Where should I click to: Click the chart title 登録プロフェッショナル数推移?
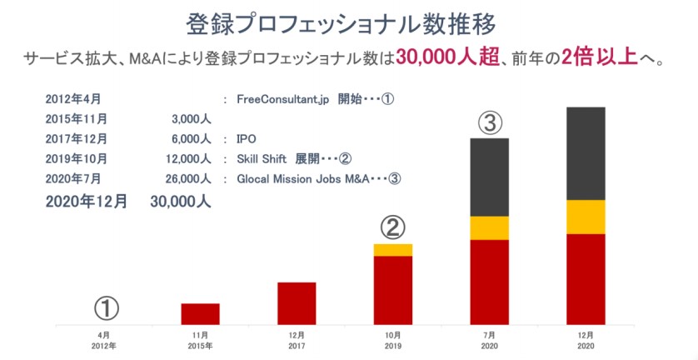click(x=348, y=22)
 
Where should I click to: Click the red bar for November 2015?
click(x=201, y=314)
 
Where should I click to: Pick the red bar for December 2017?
click(x=297, y=303)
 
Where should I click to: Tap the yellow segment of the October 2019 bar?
click(x=393, y=250)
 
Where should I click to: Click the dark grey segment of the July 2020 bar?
click(x=490, y=177)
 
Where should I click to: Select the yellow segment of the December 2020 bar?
click(x=586, y=217)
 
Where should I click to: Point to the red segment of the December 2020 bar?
click(x=586, y=279)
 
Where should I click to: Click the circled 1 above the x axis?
click(x=106, y=308)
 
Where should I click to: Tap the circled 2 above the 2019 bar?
click(x=393, y=227)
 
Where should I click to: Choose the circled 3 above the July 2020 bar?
click(x=491, y=123)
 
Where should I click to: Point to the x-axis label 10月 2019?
click(x=393, y=340)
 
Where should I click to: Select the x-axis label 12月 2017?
click(x=297, y=340)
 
